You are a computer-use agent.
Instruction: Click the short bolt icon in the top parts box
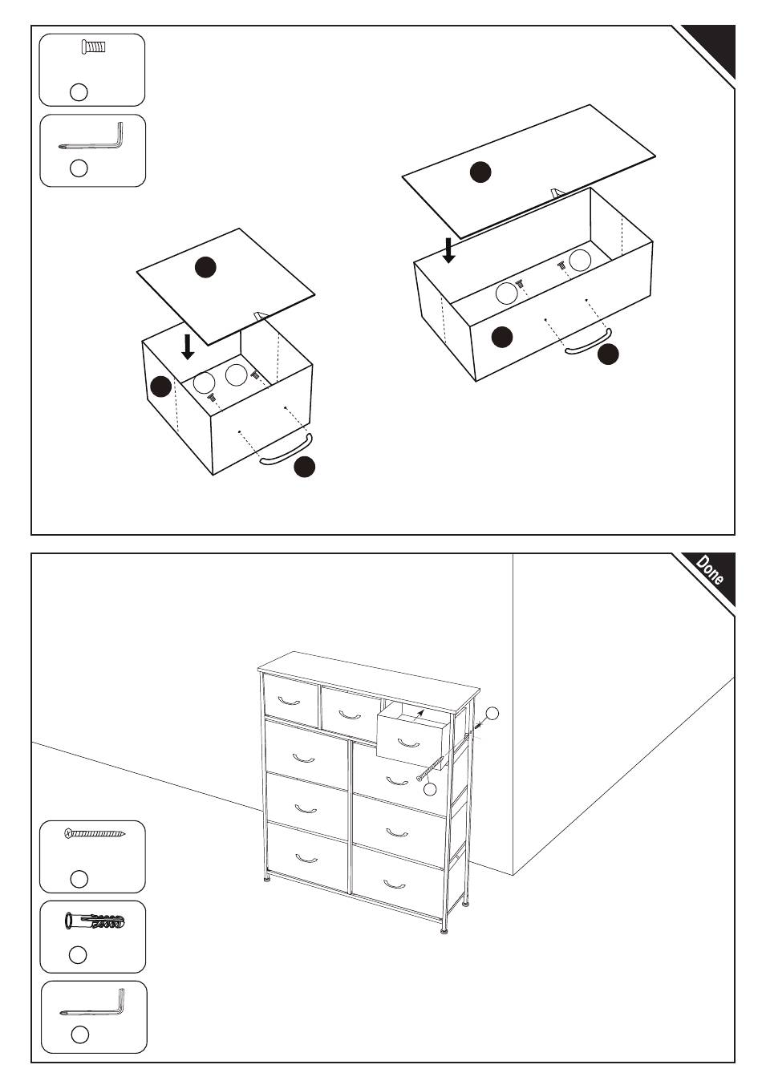click(x=94, y=47)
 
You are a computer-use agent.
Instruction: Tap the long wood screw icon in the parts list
click(x=95, y=834)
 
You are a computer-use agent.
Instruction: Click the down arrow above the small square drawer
click(x=188, y=348)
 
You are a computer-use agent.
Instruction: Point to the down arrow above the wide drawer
click(x=449, y=250)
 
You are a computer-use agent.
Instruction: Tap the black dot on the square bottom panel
click(x=205, y=267)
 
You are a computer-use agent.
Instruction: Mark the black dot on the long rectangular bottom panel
click(x=480, y=172)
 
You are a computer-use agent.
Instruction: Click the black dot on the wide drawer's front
click(x=502, y=337)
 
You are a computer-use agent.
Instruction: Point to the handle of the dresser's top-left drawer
click(x=289, y=700)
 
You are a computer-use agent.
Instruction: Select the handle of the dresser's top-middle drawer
click(x=349, y=715)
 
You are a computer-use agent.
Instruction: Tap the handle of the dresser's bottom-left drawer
click(x=306, y=859)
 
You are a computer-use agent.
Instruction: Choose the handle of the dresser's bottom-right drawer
click(x=395, y=885)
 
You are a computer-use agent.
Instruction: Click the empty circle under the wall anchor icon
click(x=79, y=954)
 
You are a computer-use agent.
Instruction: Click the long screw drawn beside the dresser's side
click(x=430, y=767)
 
